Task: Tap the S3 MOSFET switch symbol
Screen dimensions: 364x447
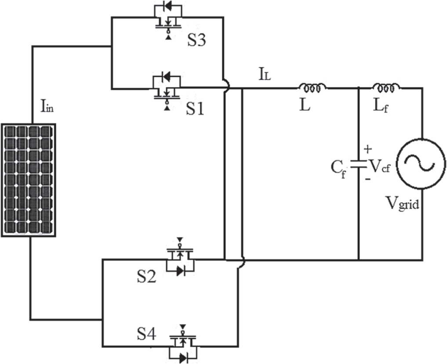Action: [x=167, y=20]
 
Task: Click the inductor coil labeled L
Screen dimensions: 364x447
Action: [x=313, y=87]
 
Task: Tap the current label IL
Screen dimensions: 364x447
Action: [x=265, y=76]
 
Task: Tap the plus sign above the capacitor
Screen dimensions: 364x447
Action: [x=368, y=149]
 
